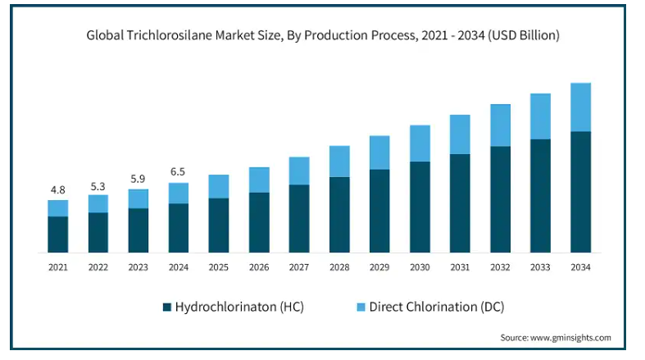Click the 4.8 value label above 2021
tap(57, 189)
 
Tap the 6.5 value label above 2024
tap(178, 172)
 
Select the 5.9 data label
tap(138, 179)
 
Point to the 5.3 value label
tap(98, 185)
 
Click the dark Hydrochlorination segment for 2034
tap(580, 191)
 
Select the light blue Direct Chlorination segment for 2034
tap(580, 107)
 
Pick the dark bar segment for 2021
tap(57, 234)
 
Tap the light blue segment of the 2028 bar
tap(339, 162)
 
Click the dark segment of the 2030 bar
tap(420, 207)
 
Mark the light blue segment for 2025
tap(218, 186)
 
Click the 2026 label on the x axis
tap(259, 267)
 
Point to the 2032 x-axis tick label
tap(500, 267)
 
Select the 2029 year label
tap(379, 267)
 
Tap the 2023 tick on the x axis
tap(138, 267)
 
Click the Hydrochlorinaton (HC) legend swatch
tap(167, 307)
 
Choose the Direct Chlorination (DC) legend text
tap(436, 307)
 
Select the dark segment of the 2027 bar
tap(299, 218)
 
